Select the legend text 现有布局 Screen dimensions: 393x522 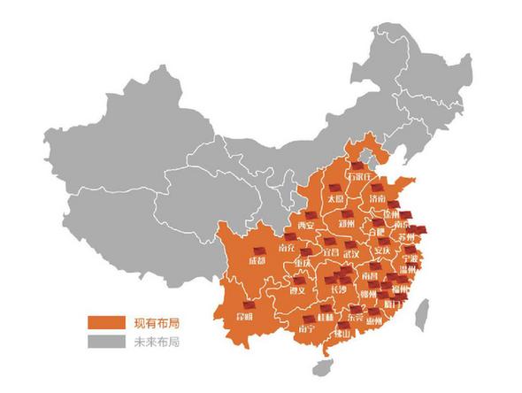tap(152, 322)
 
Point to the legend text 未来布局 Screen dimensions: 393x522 tap(152, 340)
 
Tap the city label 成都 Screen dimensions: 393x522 tap(257, 261)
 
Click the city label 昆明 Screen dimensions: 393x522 tap(242, 316)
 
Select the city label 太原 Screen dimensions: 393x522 tap(335, 200)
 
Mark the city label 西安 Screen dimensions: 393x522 tap(306, 227)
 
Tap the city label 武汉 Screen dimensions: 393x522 tap(352, 255)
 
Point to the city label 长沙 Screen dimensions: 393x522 tap(338, 289)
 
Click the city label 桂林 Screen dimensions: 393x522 tap(325, 316)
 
